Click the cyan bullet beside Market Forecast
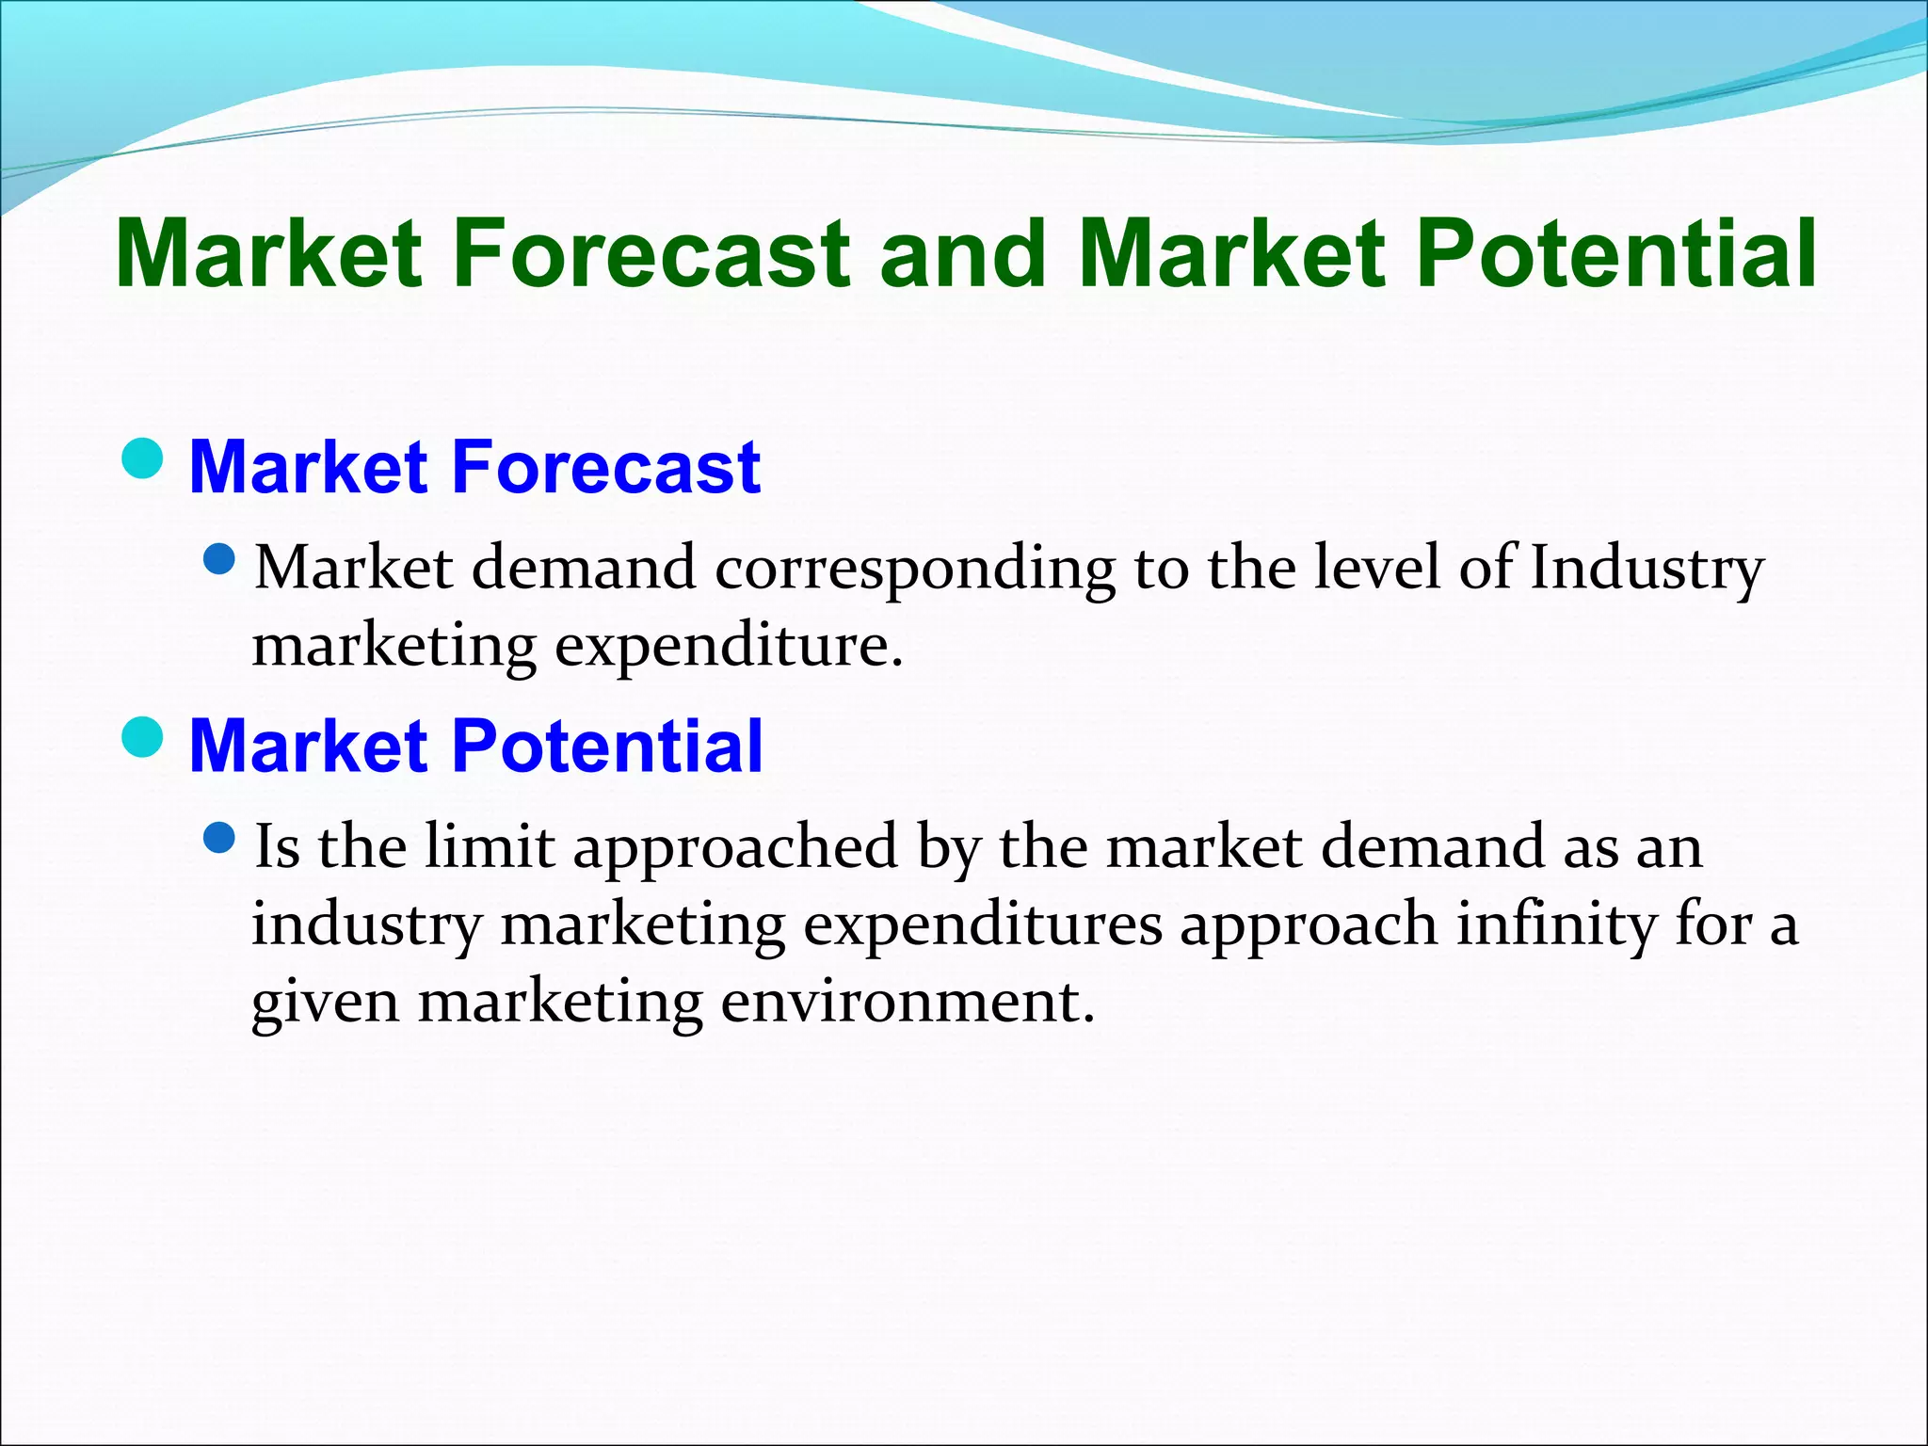pyautogui.click(x=143, y=458)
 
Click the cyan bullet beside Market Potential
pyautogui.click(x=143, y=736)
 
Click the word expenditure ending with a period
pyautogui.click(x=729, y=648)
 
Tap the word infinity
pyautogui.click(x=1556, y=925)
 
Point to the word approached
pyautogui.click(x=735, y=847)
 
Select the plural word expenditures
pyautogui.click(x=983, y=926)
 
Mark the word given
pyautogui.click(x=325, y=1004)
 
